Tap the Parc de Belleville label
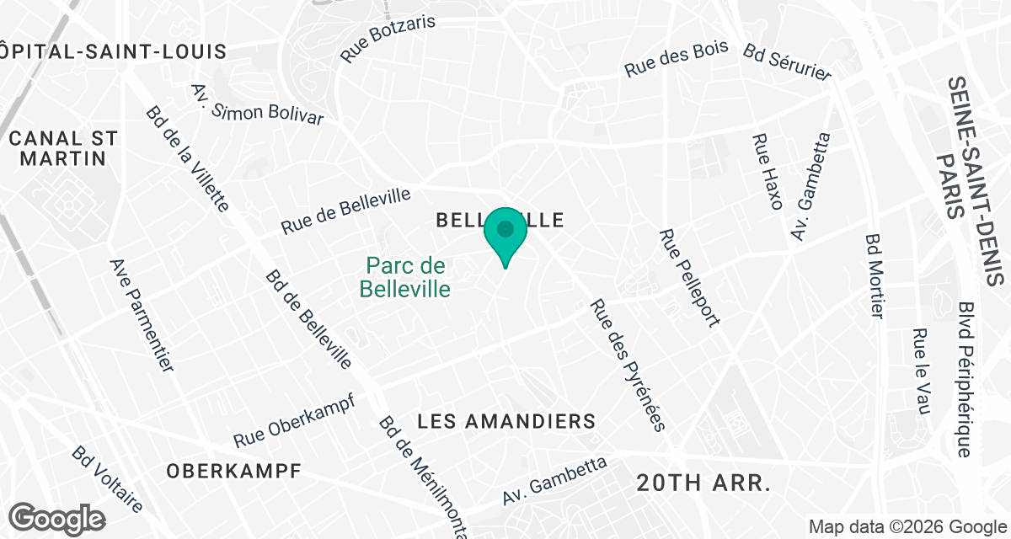click(405, 278)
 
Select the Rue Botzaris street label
click(388, 38)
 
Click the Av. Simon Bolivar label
click(257, 104)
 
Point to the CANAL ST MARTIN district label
click(64, 147)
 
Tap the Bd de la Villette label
click(187, 158)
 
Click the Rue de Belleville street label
click(346, 211)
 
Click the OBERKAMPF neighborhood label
click(233, 471)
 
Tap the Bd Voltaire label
click(107, 478)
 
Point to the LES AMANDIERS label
click(507, 421)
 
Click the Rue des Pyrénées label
click(628, 364)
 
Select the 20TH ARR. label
click(704, 483)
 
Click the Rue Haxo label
click(768, 171)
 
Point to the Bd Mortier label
click(875, 275)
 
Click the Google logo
click(57, 517)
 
